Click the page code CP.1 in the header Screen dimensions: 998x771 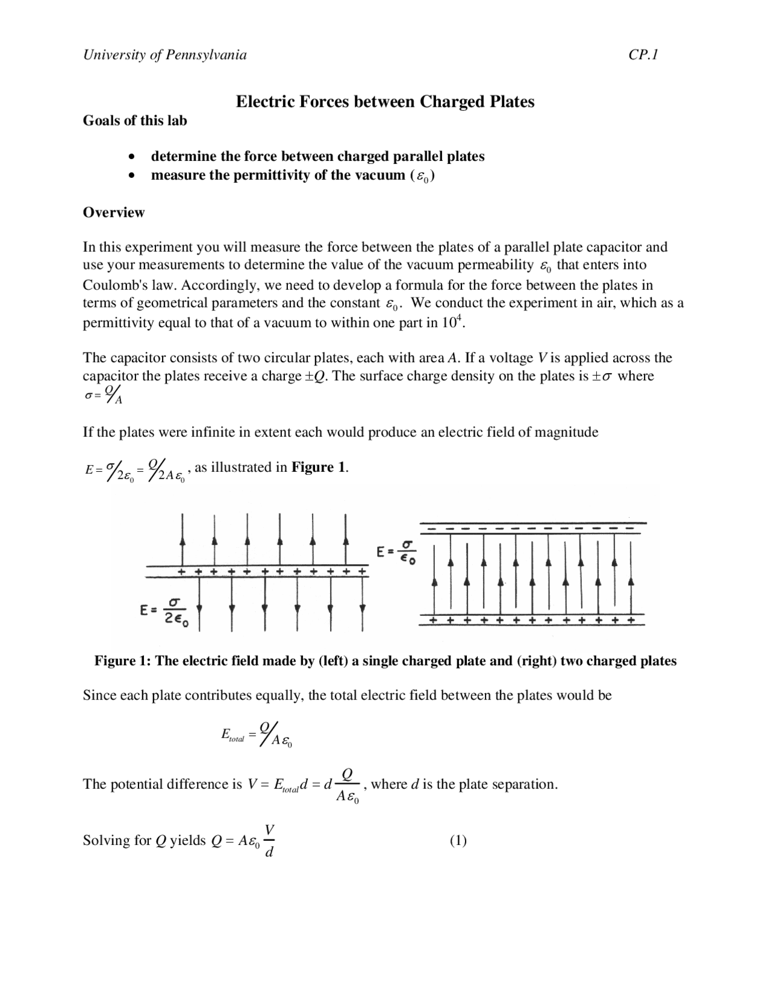643,55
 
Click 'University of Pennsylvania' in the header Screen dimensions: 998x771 164,55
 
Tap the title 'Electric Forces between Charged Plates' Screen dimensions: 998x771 385,101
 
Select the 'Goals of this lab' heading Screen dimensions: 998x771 135,121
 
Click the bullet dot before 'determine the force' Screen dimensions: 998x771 132,157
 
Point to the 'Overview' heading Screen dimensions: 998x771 114,212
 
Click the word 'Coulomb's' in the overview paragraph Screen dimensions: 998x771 112,284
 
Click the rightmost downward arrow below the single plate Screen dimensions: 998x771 362,607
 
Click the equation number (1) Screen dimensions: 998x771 458,840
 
